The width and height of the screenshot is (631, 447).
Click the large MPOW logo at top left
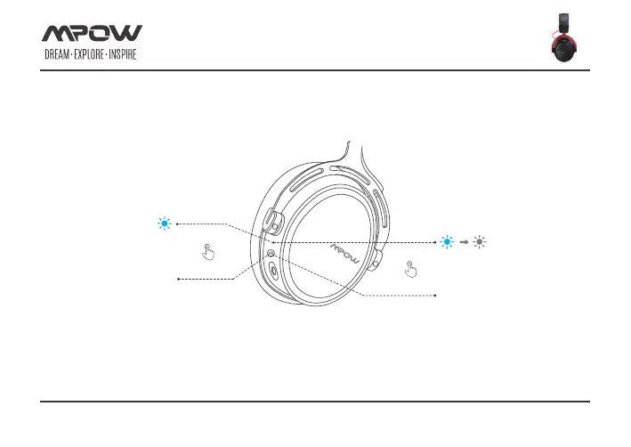pos(93,34)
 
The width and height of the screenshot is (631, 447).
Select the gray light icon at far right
pos(481,242)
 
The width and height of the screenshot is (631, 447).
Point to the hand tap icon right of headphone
pos(411,266)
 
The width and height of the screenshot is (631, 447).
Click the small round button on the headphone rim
pos(271,254)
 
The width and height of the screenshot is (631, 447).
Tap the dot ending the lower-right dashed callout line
pos(435,294)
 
